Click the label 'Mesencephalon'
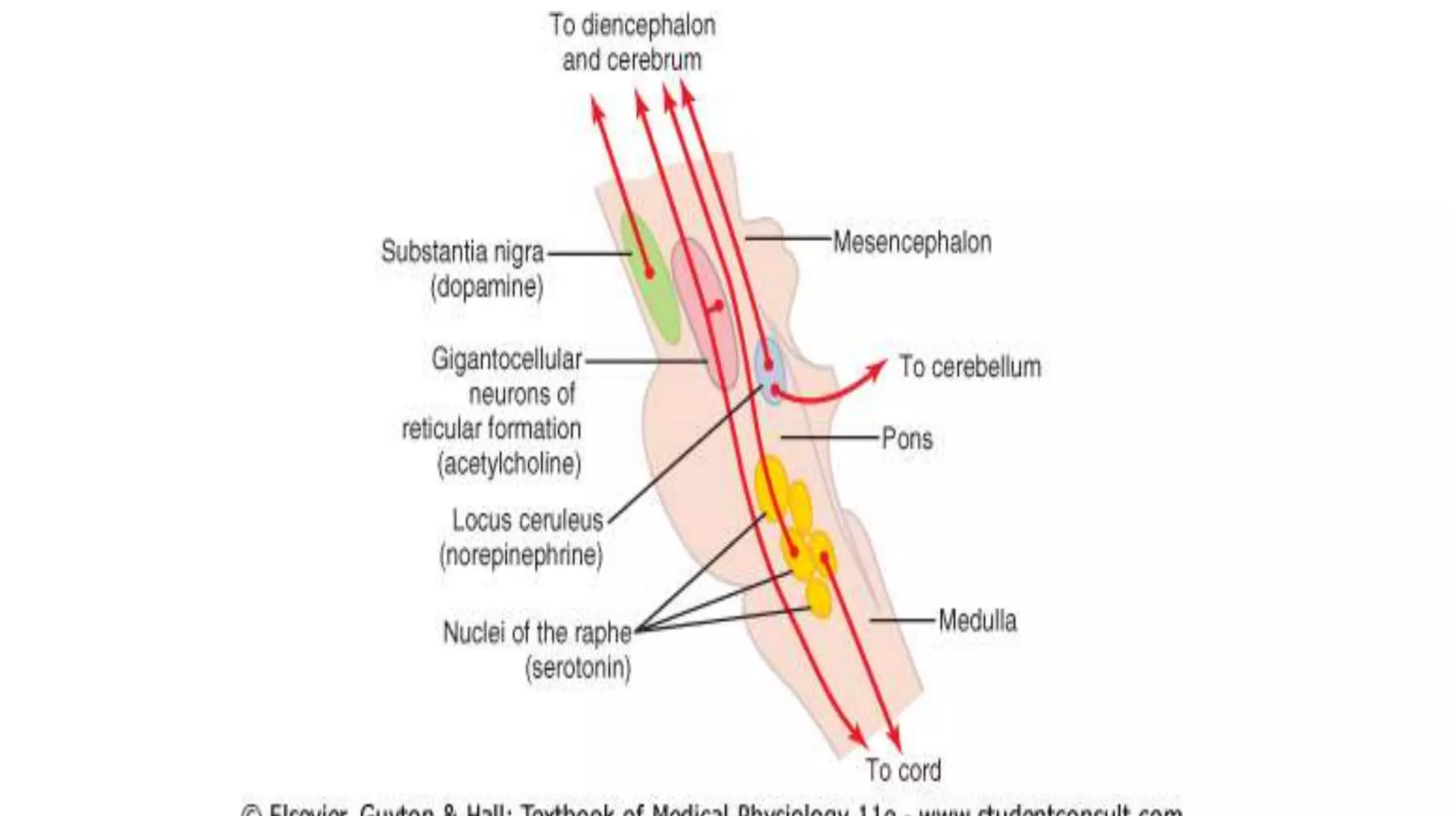point(912,242)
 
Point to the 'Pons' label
point(907,438)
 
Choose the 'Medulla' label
point(977,620)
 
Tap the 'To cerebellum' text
point(970,367)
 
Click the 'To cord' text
point(903,770)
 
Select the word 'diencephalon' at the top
point(649,25)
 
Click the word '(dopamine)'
point(487,287)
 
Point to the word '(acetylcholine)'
point(510,464)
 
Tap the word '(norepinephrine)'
point(521,555)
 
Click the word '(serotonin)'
point(578,667)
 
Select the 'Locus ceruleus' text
point(527,521)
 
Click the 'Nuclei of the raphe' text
point(537,633)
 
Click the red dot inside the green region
point(649,272)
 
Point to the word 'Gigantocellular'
point(507,359)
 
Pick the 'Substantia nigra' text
point(462,251)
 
